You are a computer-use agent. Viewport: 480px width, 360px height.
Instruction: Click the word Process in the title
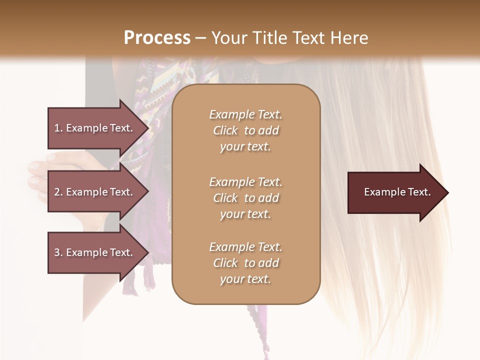[x=157, y=37]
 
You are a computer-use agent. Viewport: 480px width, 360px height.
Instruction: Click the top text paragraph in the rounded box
[x=245, y=130]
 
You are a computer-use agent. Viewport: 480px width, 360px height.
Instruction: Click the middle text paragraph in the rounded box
[x=245, y=198]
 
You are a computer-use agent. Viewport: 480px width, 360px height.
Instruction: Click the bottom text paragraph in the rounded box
[x=245, y=263]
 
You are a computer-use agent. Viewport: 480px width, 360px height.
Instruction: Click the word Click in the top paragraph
[x=225, y=130]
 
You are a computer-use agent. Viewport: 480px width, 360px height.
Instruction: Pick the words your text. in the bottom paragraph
[x=245, y=279]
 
